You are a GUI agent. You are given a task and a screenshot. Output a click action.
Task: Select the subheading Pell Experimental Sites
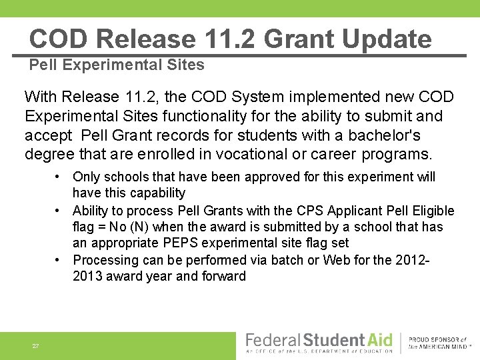click(x=117, y=65)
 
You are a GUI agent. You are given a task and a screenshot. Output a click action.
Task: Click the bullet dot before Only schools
click(x=59, y=177)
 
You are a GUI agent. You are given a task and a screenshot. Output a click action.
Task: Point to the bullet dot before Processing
click(x=59, y=260)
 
